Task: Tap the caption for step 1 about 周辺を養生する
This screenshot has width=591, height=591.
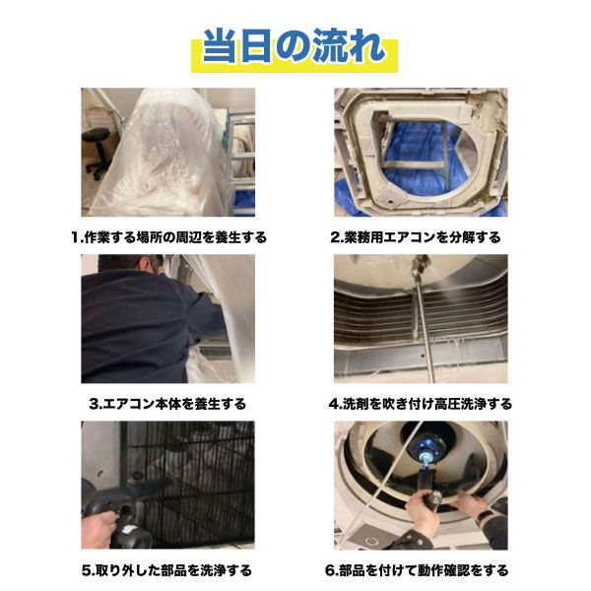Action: coord(168,237)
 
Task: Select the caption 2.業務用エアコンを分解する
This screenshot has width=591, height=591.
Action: coord(422,237)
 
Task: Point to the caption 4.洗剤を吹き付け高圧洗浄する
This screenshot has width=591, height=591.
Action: coord(422,404)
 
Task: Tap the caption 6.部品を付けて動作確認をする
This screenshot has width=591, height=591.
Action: coord(422,570)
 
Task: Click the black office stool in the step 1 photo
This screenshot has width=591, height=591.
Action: coord(96,148)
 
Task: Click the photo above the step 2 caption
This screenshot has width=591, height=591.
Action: coord(422,152)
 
